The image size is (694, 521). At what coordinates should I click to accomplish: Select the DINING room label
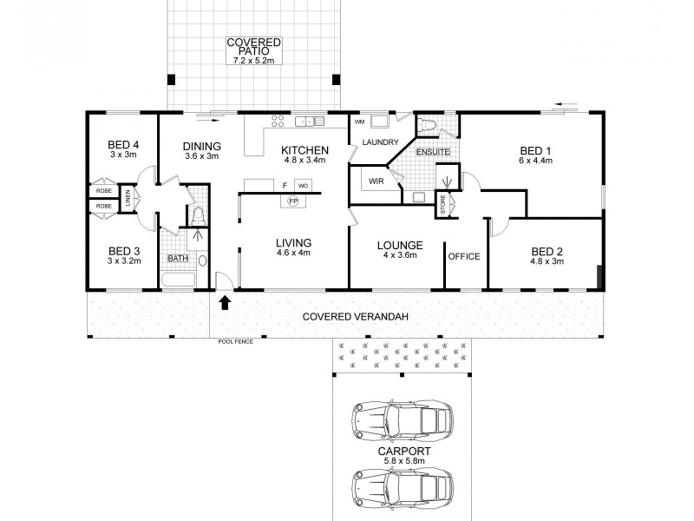coord(202,147)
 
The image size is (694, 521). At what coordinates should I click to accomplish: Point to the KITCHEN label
coord(304,150)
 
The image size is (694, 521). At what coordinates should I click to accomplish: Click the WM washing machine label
coord(359,122)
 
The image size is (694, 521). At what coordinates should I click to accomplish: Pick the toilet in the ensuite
coord(425,127)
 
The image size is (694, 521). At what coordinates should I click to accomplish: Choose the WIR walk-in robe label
coord(376,181)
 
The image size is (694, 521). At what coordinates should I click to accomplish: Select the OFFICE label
coord(464,257)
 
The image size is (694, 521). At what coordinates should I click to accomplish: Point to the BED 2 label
coord(547,252)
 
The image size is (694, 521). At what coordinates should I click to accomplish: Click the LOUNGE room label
coord(400,246)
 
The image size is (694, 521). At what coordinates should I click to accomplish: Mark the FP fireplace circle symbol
coord(293,201)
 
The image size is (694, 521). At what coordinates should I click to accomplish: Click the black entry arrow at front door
coord(226,303)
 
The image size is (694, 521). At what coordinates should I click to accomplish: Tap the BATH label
coord(177,258)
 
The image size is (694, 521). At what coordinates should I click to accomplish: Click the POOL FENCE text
coord(234,343)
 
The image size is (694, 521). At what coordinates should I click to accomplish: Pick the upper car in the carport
coord(403,420)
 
